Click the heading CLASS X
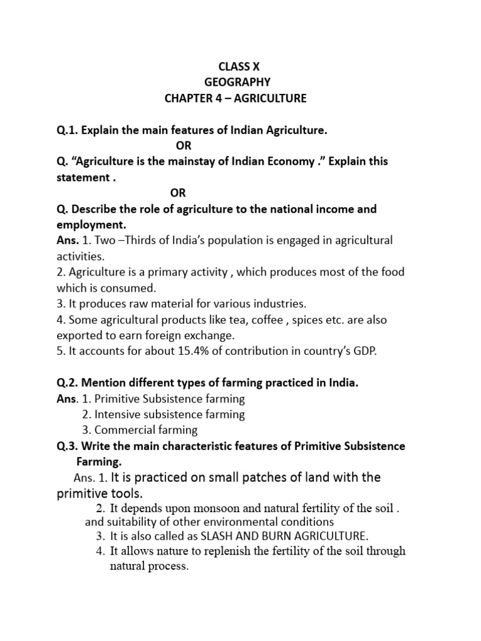point(236,66)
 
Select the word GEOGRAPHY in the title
point(236,82)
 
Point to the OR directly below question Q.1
point(182,146)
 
